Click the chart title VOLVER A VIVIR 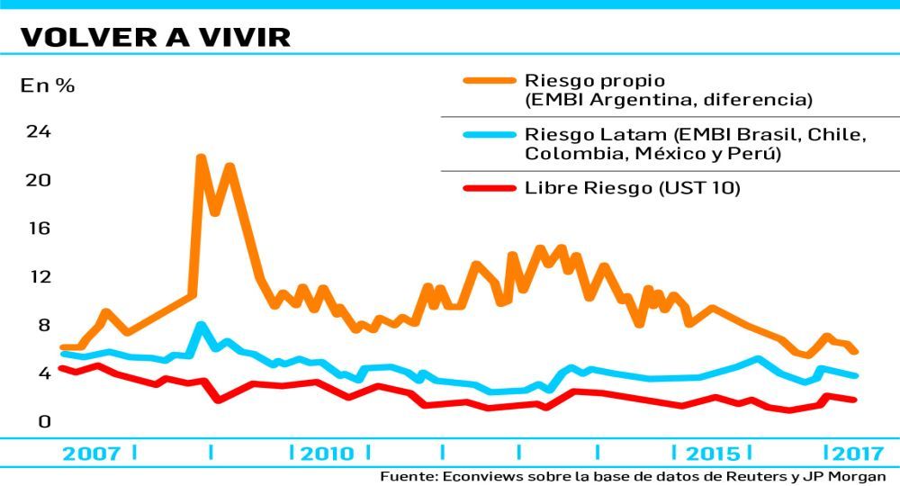pyautogui.click(x=154, y=36)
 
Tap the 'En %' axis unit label pyautogui.click(x=48, y=86)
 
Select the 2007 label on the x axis pyautogui.click(x=91, y=453)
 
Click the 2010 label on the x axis pyautogui.click(x=327, y=453)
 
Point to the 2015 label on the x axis pyautogui.click(x=713, y=453)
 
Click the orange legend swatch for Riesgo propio pyautogui.click(x=488, y=79)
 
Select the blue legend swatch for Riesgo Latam pyautogui.click(x=488, y=134)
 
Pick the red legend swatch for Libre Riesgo pyautogui.click(x=488, y=189)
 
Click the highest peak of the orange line pyautogui.click(x=201, y=157)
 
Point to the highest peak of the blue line pyautogui.click(x=201, y=324)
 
